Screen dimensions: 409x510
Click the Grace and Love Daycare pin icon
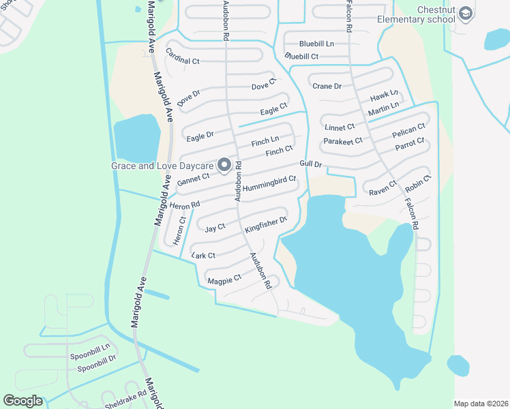point(224,165)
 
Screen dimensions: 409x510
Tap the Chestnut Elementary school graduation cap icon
point(465,14)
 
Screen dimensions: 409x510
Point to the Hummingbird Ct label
point(269,183)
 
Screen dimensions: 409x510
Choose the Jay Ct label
point(215,228)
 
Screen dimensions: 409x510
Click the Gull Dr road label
point(310,164)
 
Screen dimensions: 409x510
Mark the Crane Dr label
point(327,87)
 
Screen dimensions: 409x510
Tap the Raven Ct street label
point(382,189)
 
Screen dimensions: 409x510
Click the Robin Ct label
point(418,183)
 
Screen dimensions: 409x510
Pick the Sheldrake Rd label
point(125,399)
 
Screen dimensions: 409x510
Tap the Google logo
point(22,401)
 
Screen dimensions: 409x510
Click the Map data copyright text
point(480,404)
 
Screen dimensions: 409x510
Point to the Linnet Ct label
point(340,127)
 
